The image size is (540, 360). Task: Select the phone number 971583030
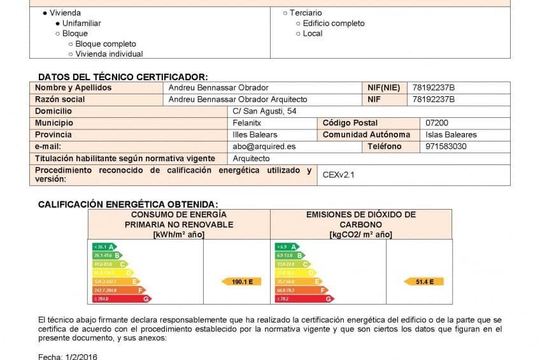point(446,147)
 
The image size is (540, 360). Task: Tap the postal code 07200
point(437,123)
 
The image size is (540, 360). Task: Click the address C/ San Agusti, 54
point(264,111)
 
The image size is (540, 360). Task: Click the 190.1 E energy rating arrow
point(241,281)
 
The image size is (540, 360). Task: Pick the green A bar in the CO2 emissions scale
point(286,247)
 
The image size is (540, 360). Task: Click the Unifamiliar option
point(81,23)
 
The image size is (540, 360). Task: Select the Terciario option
point(305,13)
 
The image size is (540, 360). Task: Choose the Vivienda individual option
point(108,54)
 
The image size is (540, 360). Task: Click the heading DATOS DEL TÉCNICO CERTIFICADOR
point(123,76)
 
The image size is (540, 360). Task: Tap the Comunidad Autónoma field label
point(366,134)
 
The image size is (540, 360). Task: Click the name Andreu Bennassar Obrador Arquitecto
point(238,99)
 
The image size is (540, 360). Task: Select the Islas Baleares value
point(451,134)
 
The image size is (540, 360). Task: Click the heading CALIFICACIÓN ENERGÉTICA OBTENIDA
point(127,204)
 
